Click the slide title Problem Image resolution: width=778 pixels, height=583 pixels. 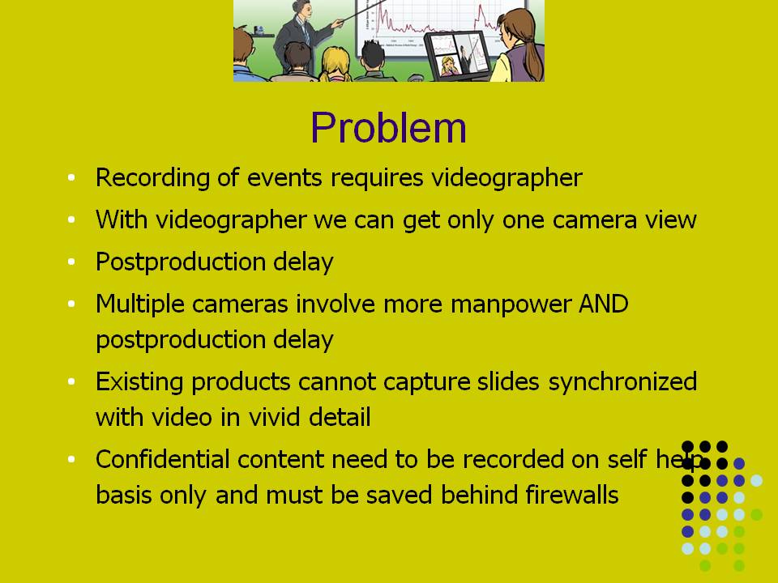(x=388, y=127)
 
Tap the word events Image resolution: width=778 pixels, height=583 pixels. (x=284, y=177)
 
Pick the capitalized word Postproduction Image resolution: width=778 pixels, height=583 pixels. (x=181, y=262)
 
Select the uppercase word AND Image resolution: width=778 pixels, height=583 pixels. (x=603, y=304)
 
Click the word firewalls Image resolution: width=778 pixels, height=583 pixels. (x=571, y=495)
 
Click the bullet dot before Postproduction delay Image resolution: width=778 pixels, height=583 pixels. (x=71, y=262)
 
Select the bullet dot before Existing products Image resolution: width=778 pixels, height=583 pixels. (x=71, y=381)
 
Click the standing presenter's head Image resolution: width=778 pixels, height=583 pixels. (x=301, y=8)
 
